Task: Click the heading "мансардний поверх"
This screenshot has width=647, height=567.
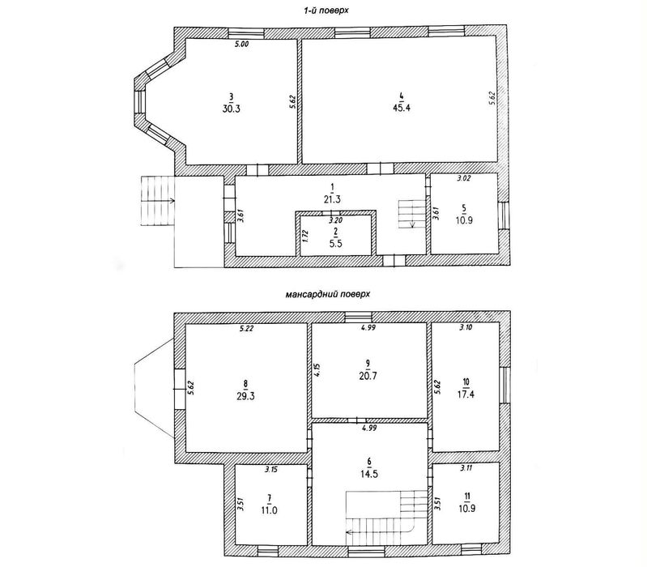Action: pos(327,295)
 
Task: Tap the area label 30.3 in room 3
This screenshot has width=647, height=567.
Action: pos(231,109)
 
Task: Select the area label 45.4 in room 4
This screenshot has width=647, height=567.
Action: pos(402,109)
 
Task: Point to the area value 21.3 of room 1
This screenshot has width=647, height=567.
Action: pos(332,200)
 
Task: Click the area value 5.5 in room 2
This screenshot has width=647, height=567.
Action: pos(335,243)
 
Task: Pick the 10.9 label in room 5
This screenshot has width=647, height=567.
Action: pos(465,220)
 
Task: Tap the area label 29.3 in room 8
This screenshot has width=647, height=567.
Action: pos(246,396)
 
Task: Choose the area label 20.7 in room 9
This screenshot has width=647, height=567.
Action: pos(368,376)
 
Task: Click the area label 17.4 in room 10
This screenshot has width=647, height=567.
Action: pos(466,394)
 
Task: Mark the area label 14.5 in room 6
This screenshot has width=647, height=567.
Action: pos(369,474)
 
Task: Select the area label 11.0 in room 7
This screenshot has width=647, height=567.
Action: pos(269,510)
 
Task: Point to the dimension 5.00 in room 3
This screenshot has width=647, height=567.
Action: pos(241,45)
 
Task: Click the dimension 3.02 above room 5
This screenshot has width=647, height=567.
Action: pos(464,179)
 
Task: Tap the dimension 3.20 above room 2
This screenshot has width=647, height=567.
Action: pos(335,220)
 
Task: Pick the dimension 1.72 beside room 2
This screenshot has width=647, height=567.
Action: pos(305,236)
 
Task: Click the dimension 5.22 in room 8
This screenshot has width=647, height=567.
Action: pos(246,329)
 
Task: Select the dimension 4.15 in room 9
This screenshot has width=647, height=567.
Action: pos(317,370)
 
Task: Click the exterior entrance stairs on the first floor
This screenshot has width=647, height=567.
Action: pos(158,201)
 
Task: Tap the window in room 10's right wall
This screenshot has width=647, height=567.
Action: pos(504,385)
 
